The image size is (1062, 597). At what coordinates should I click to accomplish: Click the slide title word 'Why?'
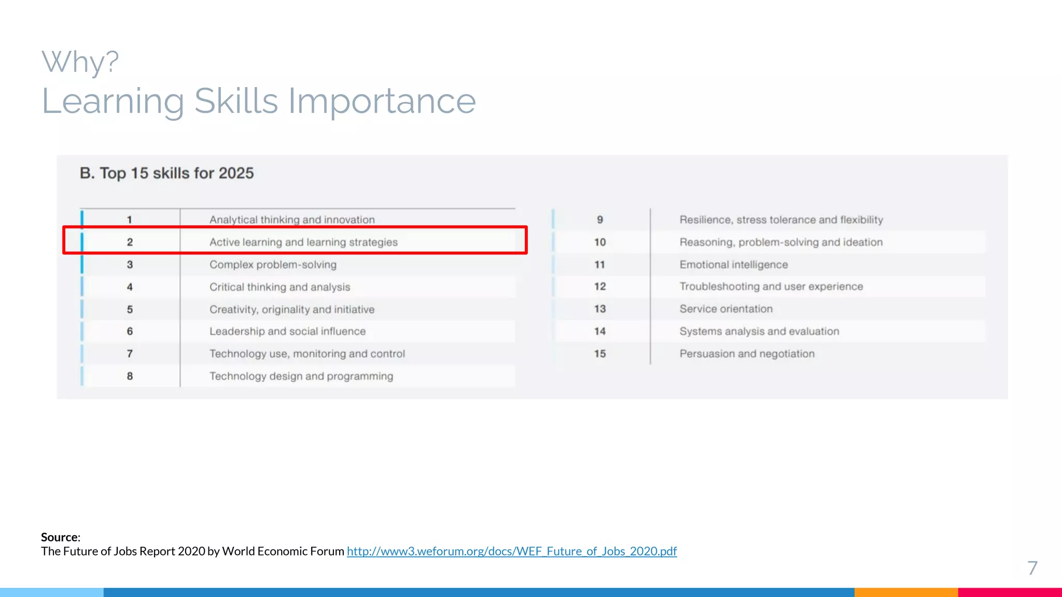point(80,62)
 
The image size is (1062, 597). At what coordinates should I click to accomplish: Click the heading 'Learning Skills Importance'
point(258,101)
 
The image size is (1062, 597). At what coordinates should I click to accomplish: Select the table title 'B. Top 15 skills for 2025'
point(166,173)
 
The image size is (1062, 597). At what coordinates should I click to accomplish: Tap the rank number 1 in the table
point(130,220)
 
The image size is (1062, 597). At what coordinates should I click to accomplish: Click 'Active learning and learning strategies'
point(303,242)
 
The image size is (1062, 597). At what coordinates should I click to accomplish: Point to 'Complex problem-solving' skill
point(273,265)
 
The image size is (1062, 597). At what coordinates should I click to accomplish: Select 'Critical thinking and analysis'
point(280,287)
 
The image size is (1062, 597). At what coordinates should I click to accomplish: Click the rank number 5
point(130,309)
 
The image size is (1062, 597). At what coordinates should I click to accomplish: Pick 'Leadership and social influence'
point(287,332)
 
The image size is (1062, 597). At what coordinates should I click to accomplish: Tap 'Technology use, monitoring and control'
point(307,354)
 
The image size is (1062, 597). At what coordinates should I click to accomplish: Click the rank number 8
point(130,376)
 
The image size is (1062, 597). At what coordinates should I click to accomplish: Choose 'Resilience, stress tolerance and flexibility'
point(781,220)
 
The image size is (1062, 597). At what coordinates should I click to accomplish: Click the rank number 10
point(600,242)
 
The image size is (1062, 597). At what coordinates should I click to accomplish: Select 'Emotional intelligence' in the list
point(733,265)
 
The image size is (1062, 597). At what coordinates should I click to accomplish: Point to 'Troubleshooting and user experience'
point(771,287)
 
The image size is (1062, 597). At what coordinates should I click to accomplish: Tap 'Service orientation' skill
point(726,309)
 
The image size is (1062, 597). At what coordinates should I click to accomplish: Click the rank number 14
point(600,332)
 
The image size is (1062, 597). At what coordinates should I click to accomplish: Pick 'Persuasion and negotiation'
point(747,354)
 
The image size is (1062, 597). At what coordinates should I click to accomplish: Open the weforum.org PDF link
point(511,551)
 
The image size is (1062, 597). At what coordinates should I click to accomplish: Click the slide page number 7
point(1032,568)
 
